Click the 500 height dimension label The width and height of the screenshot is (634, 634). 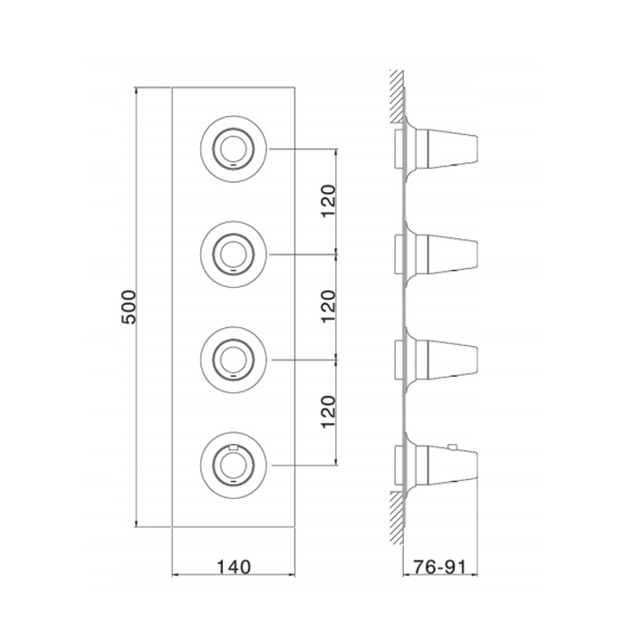pos(130,307)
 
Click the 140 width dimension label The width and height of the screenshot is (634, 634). pos(234,567)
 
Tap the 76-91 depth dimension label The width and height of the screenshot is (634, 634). pos(439,567)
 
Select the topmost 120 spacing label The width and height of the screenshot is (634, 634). pos(328,200)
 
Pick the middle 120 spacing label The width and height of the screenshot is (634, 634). pos(328,306)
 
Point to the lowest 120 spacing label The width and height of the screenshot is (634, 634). pos(328,411)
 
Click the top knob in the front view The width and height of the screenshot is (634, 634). pos(234,149)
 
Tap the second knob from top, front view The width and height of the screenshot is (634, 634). pos(234,255)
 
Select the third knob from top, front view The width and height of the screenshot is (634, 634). pos(234,360)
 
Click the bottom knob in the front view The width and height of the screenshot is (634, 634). pos(234,465)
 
